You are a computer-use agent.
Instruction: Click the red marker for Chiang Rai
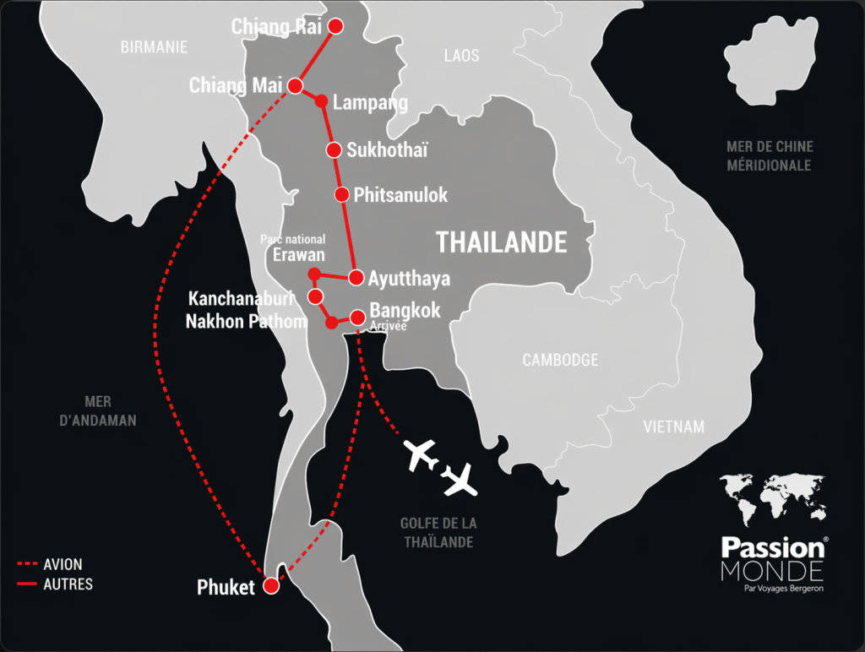point(335,25)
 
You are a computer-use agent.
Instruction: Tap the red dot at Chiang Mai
point(296,85)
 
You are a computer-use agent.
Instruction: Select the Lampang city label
point(370,103)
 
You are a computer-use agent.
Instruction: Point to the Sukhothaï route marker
point(333,150)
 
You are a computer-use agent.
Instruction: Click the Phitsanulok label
point(400,195)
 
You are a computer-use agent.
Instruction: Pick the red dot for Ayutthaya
point(356,277)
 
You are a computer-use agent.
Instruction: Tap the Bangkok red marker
point(357,318)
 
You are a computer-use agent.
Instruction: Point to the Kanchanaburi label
point(241,299)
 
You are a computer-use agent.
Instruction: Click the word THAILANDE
point(501,242)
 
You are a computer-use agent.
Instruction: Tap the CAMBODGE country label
point(560,361)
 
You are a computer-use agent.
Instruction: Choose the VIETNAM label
point(673,427)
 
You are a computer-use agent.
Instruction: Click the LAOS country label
point(461,56)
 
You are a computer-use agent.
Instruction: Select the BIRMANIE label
point(154,47)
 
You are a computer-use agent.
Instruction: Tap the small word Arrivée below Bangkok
point(389,327)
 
